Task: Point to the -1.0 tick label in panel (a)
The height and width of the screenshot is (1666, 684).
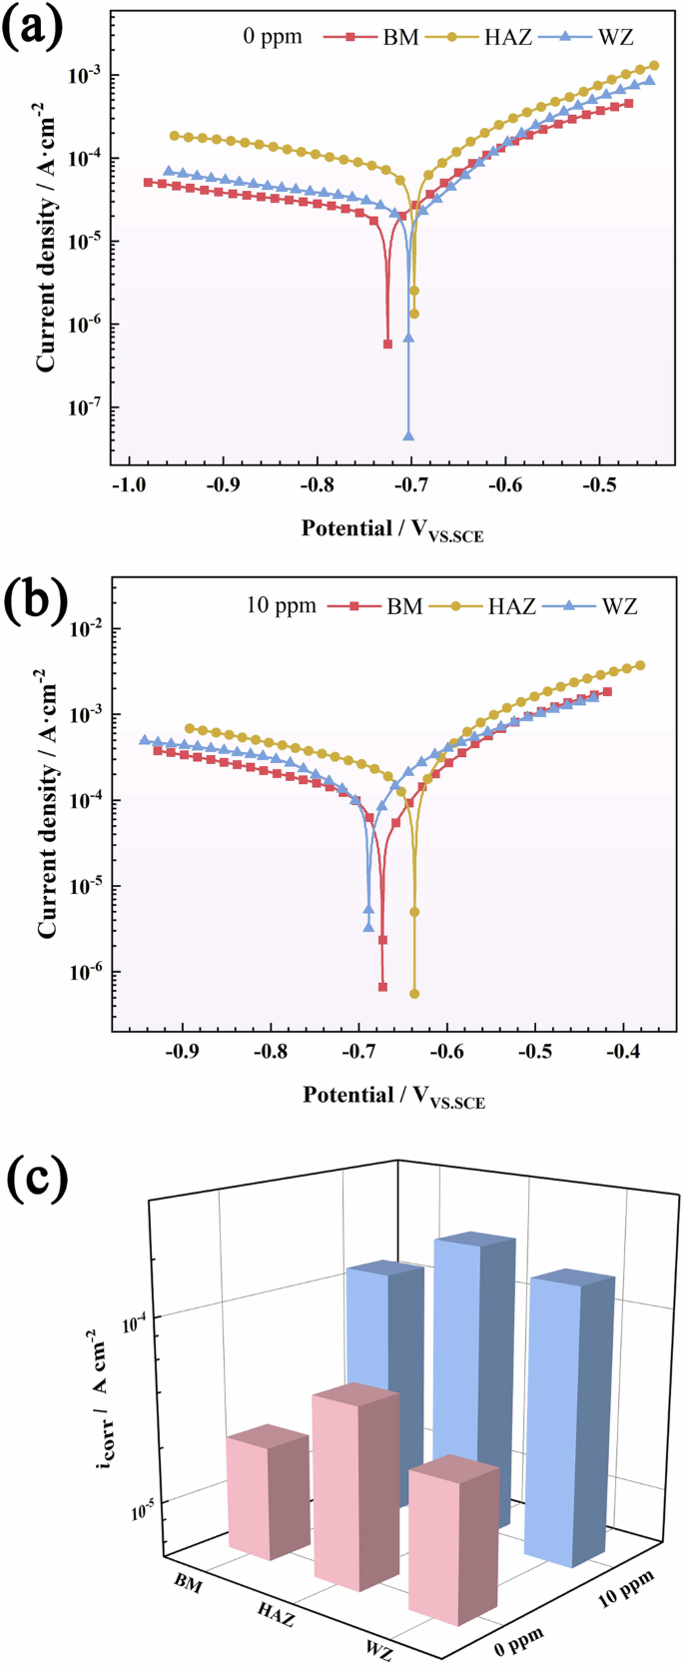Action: (127, 485)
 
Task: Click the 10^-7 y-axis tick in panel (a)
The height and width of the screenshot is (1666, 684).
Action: (84, 408)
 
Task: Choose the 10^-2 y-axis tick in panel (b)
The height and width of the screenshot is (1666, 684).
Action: (84, 628)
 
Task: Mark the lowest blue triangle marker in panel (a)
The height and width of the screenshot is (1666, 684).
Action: (408, 435)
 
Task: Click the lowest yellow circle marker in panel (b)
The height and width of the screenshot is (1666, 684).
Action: (414, 994)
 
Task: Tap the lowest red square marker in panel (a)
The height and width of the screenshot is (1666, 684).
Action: (387, 344)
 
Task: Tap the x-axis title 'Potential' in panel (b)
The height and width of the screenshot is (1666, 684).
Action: (394, 1096)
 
